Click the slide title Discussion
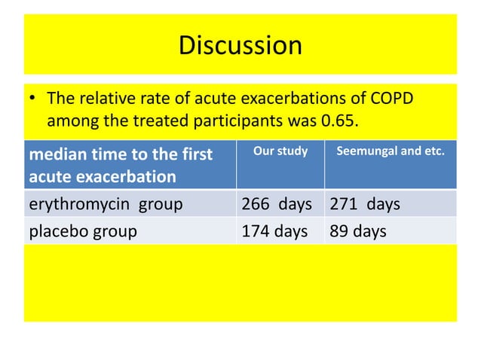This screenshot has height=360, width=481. [x=240, y=46]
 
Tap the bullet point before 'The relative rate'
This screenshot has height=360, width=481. [x=32, y=99]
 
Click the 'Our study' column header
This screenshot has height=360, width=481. [x=280, y=151]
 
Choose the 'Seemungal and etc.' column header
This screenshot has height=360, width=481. [x=391, y=151]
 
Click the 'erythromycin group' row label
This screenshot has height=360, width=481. [x=105, y=204]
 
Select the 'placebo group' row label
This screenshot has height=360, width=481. [x=82, y=231]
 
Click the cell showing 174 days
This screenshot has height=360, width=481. [x=274, y=231]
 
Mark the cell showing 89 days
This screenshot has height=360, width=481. [x=358, y=231]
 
